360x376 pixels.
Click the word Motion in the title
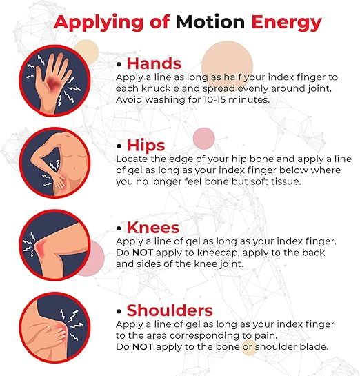[x=210, y=22]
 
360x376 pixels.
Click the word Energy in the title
[x=286, y=23]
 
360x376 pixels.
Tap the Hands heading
[x=154, y=63]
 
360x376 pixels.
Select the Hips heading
[x=146, y=146]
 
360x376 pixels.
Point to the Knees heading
[x=153, y=228]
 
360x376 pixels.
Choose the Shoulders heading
[x=170, y=310]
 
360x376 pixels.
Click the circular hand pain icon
[x=54, y=81]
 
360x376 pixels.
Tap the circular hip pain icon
[x=54, y=163]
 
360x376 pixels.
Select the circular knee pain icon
[x=54, y=245]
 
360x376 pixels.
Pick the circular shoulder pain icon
[x=54, y=328]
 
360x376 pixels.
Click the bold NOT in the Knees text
[x=143, y=253]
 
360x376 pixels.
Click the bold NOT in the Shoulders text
[x=143, y=347]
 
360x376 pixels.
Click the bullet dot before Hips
[x=119, y=146]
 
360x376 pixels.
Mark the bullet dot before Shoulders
[x=119, y=311]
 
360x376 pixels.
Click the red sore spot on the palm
[x=53, y=83]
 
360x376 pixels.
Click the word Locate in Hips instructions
[x=132, y=159]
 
